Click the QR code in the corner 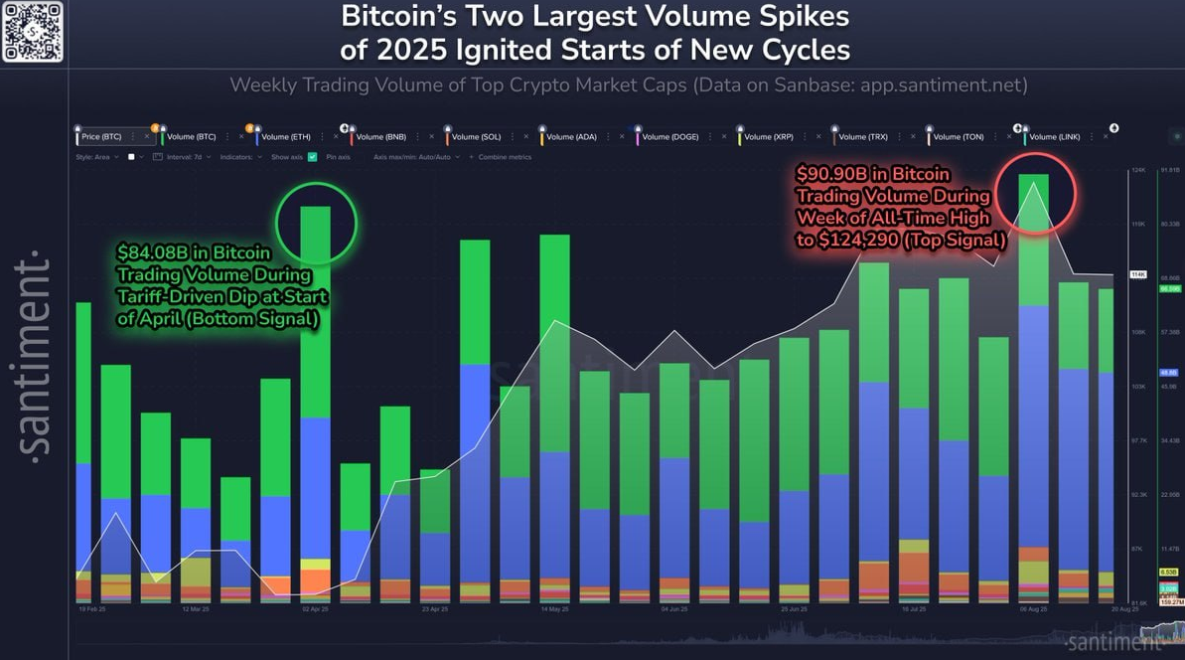coord(33,32)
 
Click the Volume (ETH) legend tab coord(288,136)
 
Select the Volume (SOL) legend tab coord(476,136)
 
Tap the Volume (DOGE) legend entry coord(670,136)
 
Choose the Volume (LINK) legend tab coord(1056,136)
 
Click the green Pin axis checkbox coord(313,157)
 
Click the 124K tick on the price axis coord(1137,171)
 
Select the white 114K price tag coord(1138,274)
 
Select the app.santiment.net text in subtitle coord(943,84)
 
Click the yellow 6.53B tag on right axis coord(1168,573)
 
